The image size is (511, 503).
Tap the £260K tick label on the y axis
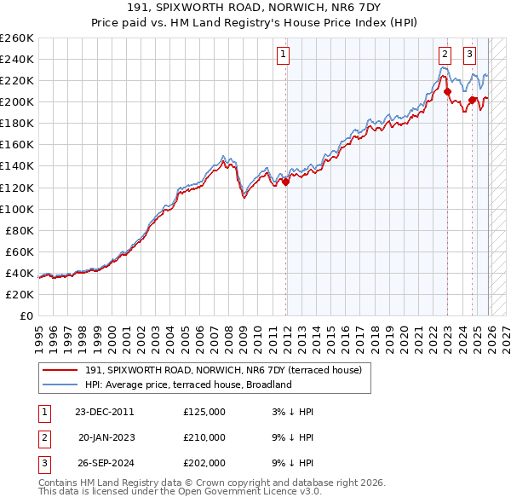pyautogui.click(x=17, y=38)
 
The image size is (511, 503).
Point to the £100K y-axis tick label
pyautogui.click(x=17, y=209)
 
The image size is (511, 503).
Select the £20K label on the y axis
pyautogui.click(x=20, y=294)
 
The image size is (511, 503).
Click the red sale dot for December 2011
pyautogui.click(x=285, y=182)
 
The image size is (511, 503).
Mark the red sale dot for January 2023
pyautogui.click(x=446, y=91)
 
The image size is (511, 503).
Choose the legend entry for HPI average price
pyautogui.click(x=187, y=384)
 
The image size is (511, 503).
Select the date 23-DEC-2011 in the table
pyautogui.click(x=104, y=412)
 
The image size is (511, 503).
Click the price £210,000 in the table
pyautogui.click(x=204, y=437)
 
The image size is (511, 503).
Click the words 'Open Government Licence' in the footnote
pyautogui.click(x=241, y=491)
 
